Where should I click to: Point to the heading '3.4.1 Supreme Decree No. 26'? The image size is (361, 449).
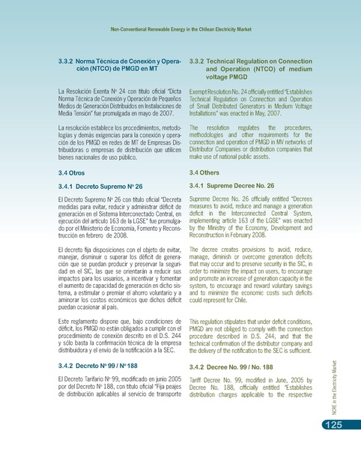point(238,185)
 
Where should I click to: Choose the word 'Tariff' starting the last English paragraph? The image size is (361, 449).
point(198,381)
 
